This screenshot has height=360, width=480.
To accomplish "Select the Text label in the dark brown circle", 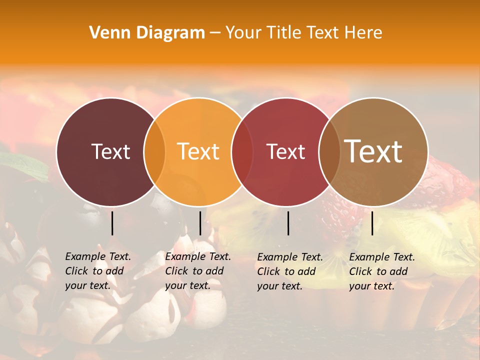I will (x=110, y=151).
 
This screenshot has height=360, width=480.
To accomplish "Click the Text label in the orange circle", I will (x=198, y=151).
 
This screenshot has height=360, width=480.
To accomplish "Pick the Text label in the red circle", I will (x=286, y=151).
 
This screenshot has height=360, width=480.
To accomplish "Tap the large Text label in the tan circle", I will (x=373, y=151).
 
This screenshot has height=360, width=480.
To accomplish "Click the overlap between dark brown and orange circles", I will (x=154, y=152).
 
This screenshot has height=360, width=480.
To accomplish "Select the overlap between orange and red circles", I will (x=242, y=152).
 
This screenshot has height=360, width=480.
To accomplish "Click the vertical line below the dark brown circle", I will (x=112, y=223).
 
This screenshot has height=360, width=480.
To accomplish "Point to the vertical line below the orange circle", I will (x=200, y=223).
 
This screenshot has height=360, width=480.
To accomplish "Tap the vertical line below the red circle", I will (x=288, y=223).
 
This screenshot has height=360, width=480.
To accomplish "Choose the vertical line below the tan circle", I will (x=372, y=223).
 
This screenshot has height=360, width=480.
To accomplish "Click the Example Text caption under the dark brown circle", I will (x=98, y=271).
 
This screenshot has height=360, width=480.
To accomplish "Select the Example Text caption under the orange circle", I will (x=198, y=271).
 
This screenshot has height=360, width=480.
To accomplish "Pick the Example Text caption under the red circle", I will (x=290, y=271).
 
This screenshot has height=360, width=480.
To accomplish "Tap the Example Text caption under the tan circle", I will (x=382, y=271).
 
